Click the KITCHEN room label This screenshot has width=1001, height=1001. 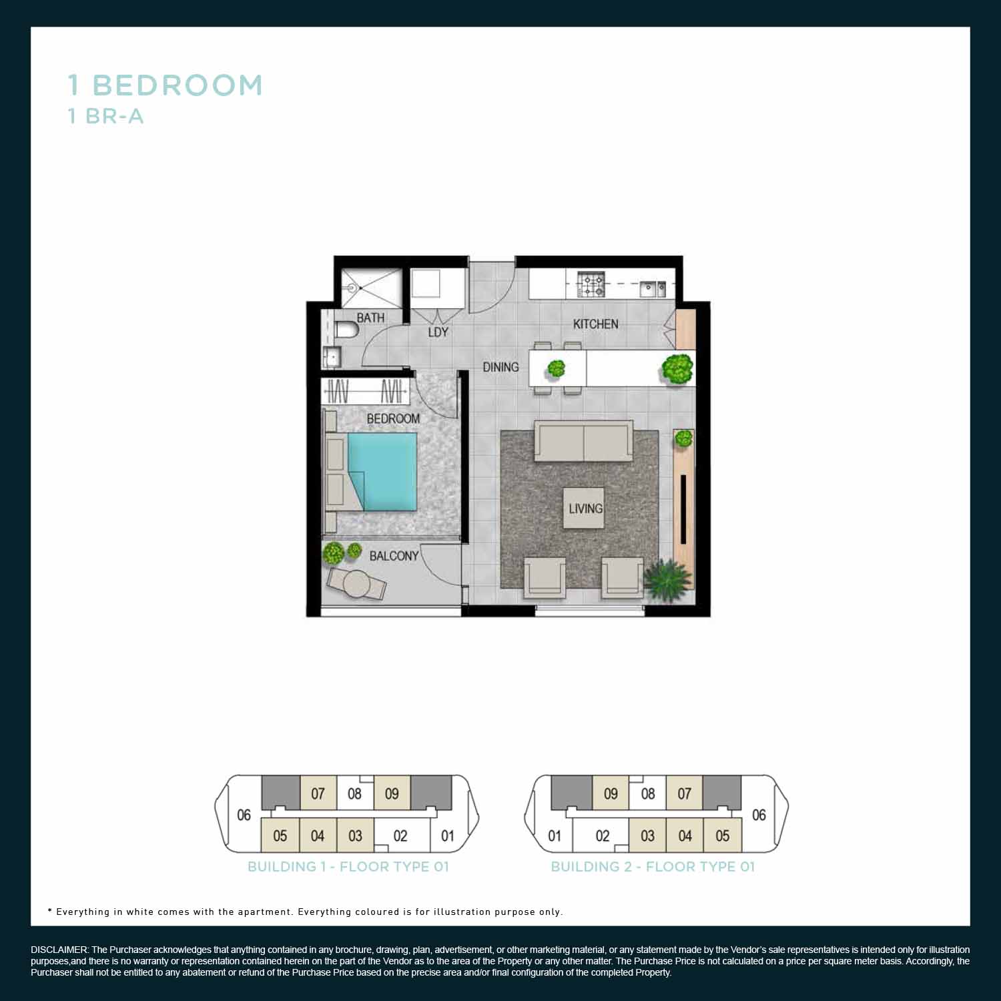[595, 324]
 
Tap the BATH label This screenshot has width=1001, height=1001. [370, 318]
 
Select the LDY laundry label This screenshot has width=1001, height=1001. [438, 332]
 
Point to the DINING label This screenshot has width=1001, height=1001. [500, 367]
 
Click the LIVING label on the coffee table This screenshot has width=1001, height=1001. [585, 509]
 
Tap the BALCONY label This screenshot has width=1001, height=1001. [394, 556]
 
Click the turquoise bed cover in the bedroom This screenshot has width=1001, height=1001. [382, 470]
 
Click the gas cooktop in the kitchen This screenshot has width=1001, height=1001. [591, 284]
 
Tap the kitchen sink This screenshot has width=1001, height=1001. [652, 288]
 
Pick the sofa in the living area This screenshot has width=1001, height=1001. [583, 441]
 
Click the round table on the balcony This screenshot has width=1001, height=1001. [357, 583]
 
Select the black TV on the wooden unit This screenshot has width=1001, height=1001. [683, 509]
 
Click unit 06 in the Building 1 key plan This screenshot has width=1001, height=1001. [244, 815]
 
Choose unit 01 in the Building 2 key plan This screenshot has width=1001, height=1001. [555, 836]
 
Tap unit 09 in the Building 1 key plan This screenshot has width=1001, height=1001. [392, 793]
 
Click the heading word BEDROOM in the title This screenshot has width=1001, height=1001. [178, 85]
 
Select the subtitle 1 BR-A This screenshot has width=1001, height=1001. [106, 117]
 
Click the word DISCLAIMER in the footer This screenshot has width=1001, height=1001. [59, 950]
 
